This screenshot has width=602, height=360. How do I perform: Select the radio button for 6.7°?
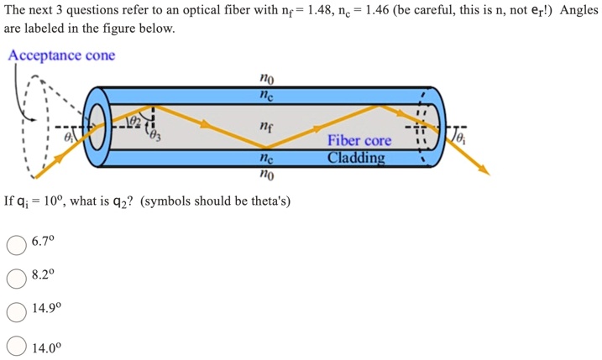[x=17, y=243]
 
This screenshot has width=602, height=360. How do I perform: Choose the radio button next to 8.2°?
[x=17, y=276]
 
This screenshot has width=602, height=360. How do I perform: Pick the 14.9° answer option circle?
[x=17, y=310]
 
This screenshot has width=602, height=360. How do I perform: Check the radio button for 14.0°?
[x=17, y=345]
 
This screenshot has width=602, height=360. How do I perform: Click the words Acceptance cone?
[x=61, y=55]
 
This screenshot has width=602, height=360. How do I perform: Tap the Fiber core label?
[x=359, y=141]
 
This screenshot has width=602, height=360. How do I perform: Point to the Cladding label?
[x=357, y=157]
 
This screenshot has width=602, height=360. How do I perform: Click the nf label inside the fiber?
[x=266, y=128]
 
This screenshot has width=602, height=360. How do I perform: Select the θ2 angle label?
[x=132, y=122]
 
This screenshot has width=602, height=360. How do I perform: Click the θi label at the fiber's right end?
[x=463, y=135]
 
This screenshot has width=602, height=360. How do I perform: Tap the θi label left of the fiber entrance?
[x=71, y=136]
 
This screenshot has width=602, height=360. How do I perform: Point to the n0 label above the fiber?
[x=266, y=79]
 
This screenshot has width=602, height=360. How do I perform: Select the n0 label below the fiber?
[x=266, y=175]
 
